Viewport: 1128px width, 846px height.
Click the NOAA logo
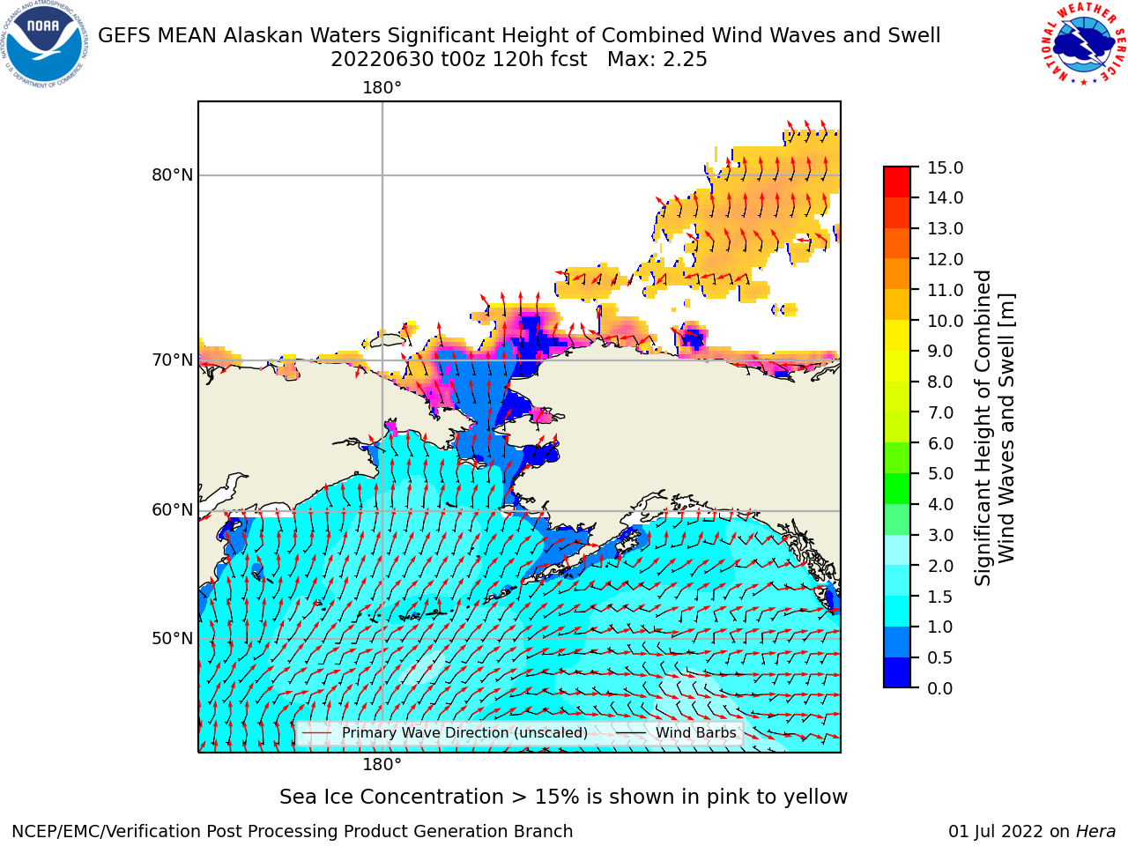[45, 45]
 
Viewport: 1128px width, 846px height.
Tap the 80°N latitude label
[172, 175]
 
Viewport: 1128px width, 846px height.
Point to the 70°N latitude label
[172, 360]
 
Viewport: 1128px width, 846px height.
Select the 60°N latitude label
[172, 510]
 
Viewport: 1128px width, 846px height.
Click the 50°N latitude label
[172, 639]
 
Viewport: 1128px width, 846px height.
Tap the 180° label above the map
[382, 88]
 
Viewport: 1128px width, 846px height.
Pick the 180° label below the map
[382, 764]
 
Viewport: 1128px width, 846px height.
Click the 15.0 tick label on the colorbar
[945, 167]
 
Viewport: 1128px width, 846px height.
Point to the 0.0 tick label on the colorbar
[940, 688]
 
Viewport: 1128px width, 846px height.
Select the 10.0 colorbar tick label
[945, 321]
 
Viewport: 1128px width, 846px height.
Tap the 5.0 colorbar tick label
[940, 473]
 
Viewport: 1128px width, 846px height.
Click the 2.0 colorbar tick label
[940, 566]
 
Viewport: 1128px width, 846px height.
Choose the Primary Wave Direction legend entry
[445, 732]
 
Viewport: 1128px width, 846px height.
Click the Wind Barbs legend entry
[676, 732]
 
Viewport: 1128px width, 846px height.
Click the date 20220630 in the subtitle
[382, 60]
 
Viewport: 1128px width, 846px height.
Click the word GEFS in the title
[125, 36]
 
